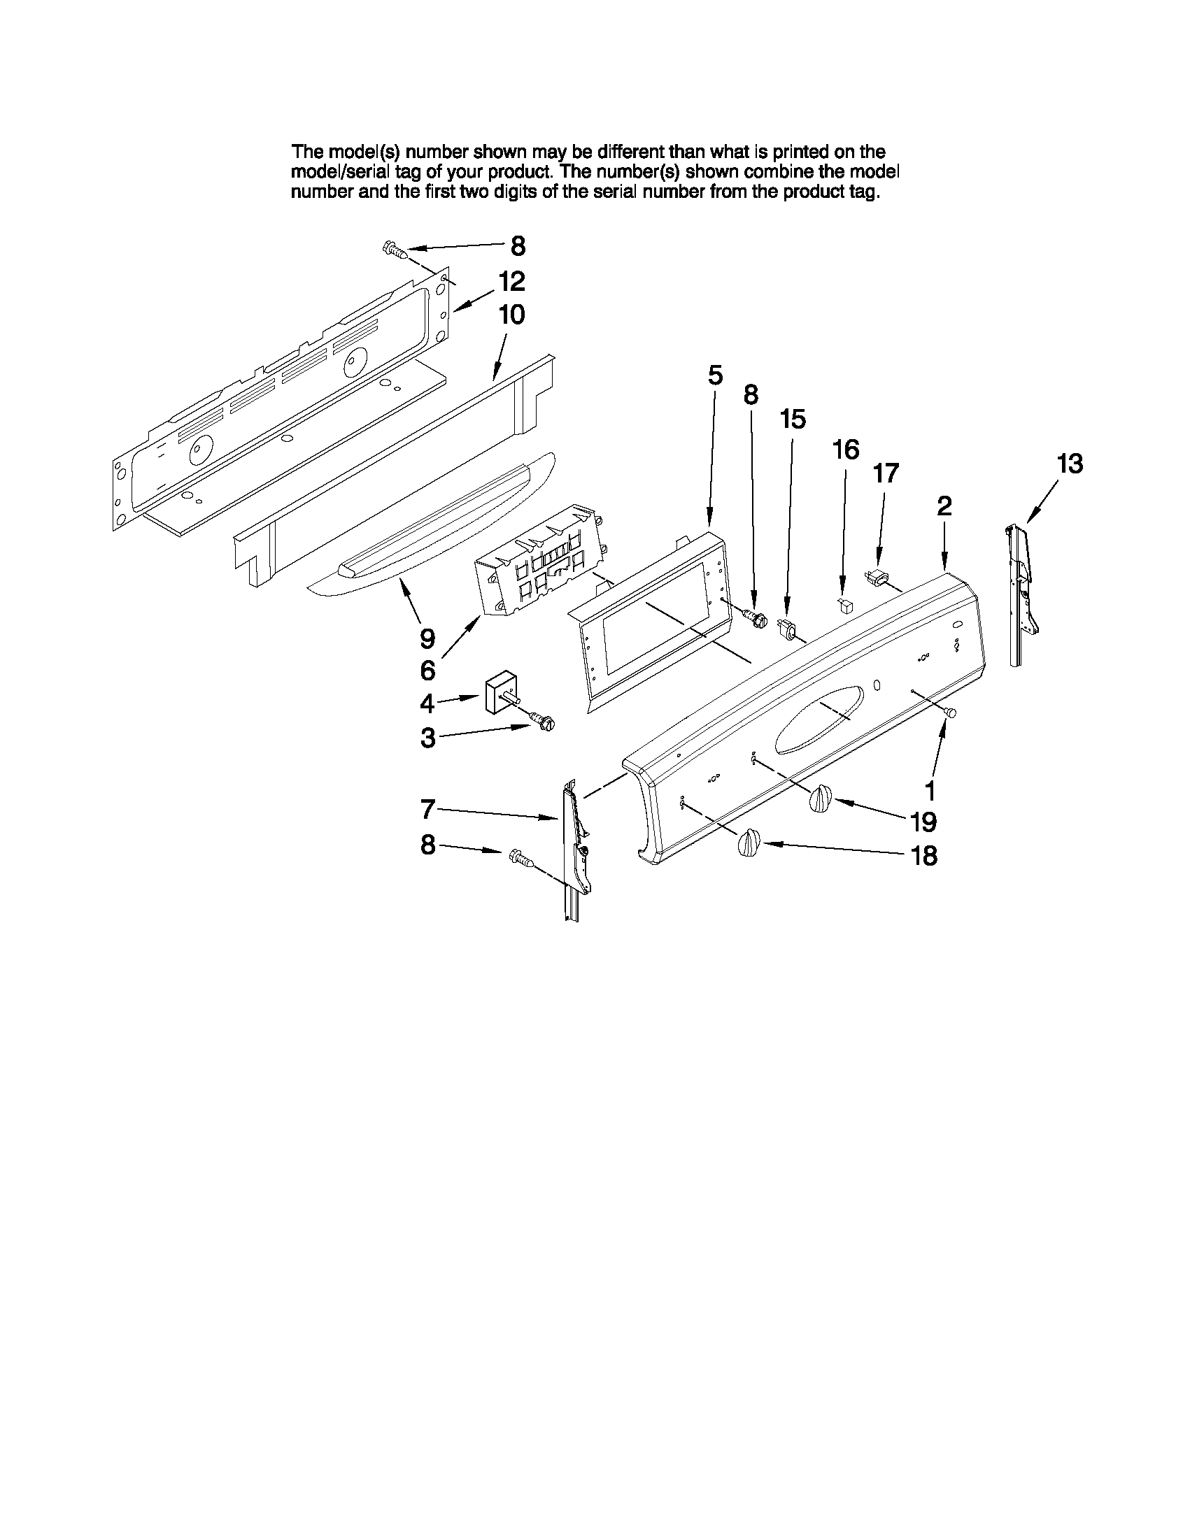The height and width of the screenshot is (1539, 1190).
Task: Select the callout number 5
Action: click(715, 375)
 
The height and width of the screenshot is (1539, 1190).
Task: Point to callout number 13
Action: click(1070, 464)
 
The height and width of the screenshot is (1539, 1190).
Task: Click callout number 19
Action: click(923, 821)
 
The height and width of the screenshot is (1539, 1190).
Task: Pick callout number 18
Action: click(924, 855)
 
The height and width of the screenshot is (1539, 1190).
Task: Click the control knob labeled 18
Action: click(749, 842)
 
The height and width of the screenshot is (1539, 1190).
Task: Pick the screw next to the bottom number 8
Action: click(519, 857)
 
